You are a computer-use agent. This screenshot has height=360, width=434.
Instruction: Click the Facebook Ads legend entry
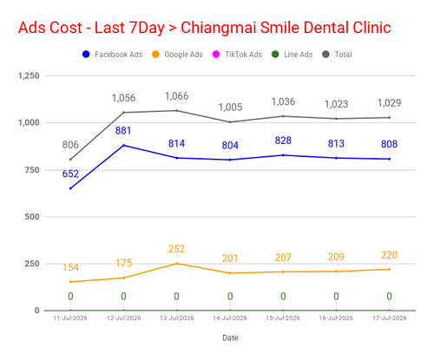click(113, 55)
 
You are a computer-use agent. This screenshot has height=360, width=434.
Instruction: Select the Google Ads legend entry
click(177, 55)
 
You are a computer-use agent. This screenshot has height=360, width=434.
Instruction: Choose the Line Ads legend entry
click(293, 55)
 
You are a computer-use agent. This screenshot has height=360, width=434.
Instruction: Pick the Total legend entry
click(337, 55)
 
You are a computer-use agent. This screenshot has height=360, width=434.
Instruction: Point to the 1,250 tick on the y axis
click(29, 75)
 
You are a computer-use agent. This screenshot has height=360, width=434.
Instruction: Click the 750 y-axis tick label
click(32, 170)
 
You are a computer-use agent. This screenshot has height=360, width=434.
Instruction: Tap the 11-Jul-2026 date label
click(70, 318)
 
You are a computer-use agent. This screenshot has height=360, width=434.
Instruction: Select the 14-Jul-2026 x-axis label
click(230, 318)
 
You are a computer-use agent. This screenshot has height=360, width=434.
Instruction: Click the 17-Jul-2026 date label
click(390, 318)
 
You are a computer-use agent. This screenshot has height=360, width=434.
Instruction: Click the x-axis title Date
click(230, 337)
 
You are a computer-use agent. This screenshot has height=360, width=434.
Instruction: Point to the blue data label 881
click(123, 131)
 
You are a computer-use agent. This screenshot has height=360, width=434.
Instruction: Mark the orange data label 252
click(176, 249)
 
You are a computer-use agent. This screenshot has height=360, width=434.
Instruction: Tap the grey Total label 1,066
click(176, 96)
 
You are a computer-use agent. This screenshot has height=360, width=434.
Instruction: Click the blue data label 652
click(70, 173)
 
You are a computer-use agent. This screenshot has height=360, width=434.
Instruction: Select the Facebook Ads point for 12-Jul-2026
click(123, 145)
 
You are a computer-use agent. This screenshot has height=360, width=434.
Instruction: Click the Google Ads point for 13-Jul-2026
click(177, 264)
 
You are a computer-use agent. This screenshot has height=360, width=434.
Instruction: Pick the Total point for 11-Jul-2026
click(70, 160)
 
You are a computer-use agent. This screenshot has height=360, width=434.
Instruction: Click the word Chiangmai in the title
click(218, 28)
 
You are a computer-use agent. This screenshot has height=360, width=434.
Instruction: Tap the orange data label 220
click(389, 255)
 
